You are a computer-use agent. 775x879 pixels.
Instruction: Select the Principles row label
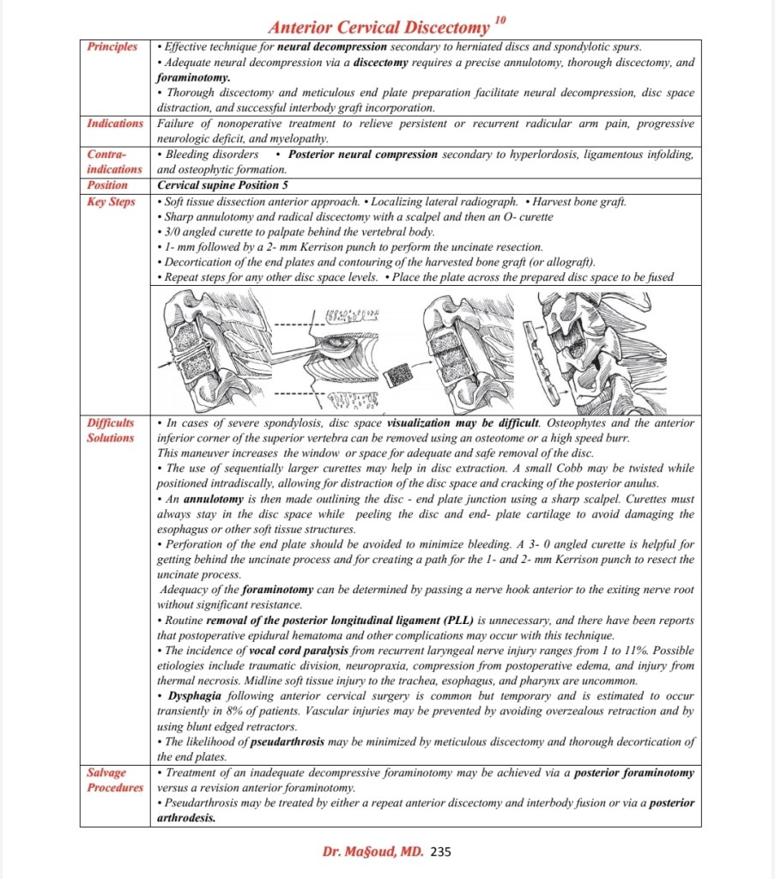112,46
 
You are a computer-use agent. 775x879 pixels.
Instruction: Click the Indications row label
115,124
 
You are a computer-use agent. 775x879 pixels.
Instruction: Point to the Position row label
107,185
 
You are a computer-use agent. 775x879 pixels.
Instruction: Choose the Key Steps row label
111,202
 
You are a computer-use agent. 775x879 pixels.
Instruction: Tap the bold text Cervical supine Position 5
216,185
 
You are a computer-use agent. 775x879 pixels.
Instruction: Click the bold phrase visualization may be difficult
463,423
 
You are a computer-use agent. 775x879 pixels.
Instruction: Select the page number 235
440,852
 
